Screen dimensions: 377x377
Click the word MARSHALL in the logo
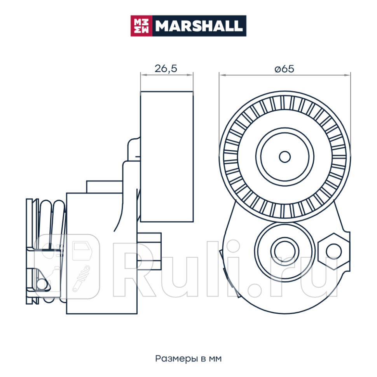pyautogui.click(x=199, y=26)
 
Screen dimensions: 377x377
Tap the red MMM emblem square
pyautogui.click(x=141, y=26)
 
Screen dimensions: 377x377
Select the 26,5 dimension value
pyautogui.click(x=166, y=69)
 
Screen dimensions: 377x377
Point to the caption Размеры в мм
pyautogui.click(x=188, y=358)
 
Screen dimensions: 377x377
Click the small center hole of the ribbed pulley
pyautogui.click(x=285, y=157)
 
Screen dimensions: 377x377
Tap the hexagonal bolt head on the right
pyautogui.click(x=333, y=251)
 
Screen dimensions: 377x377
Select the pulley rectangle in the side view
pyautogui.click(x=167, y=157)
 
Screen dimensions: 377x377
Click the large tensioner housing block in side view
pyautogui.click(x=102, y=253)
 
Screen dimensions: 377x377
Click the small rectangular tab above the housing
pyautogui.click(x=104, y=187)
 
